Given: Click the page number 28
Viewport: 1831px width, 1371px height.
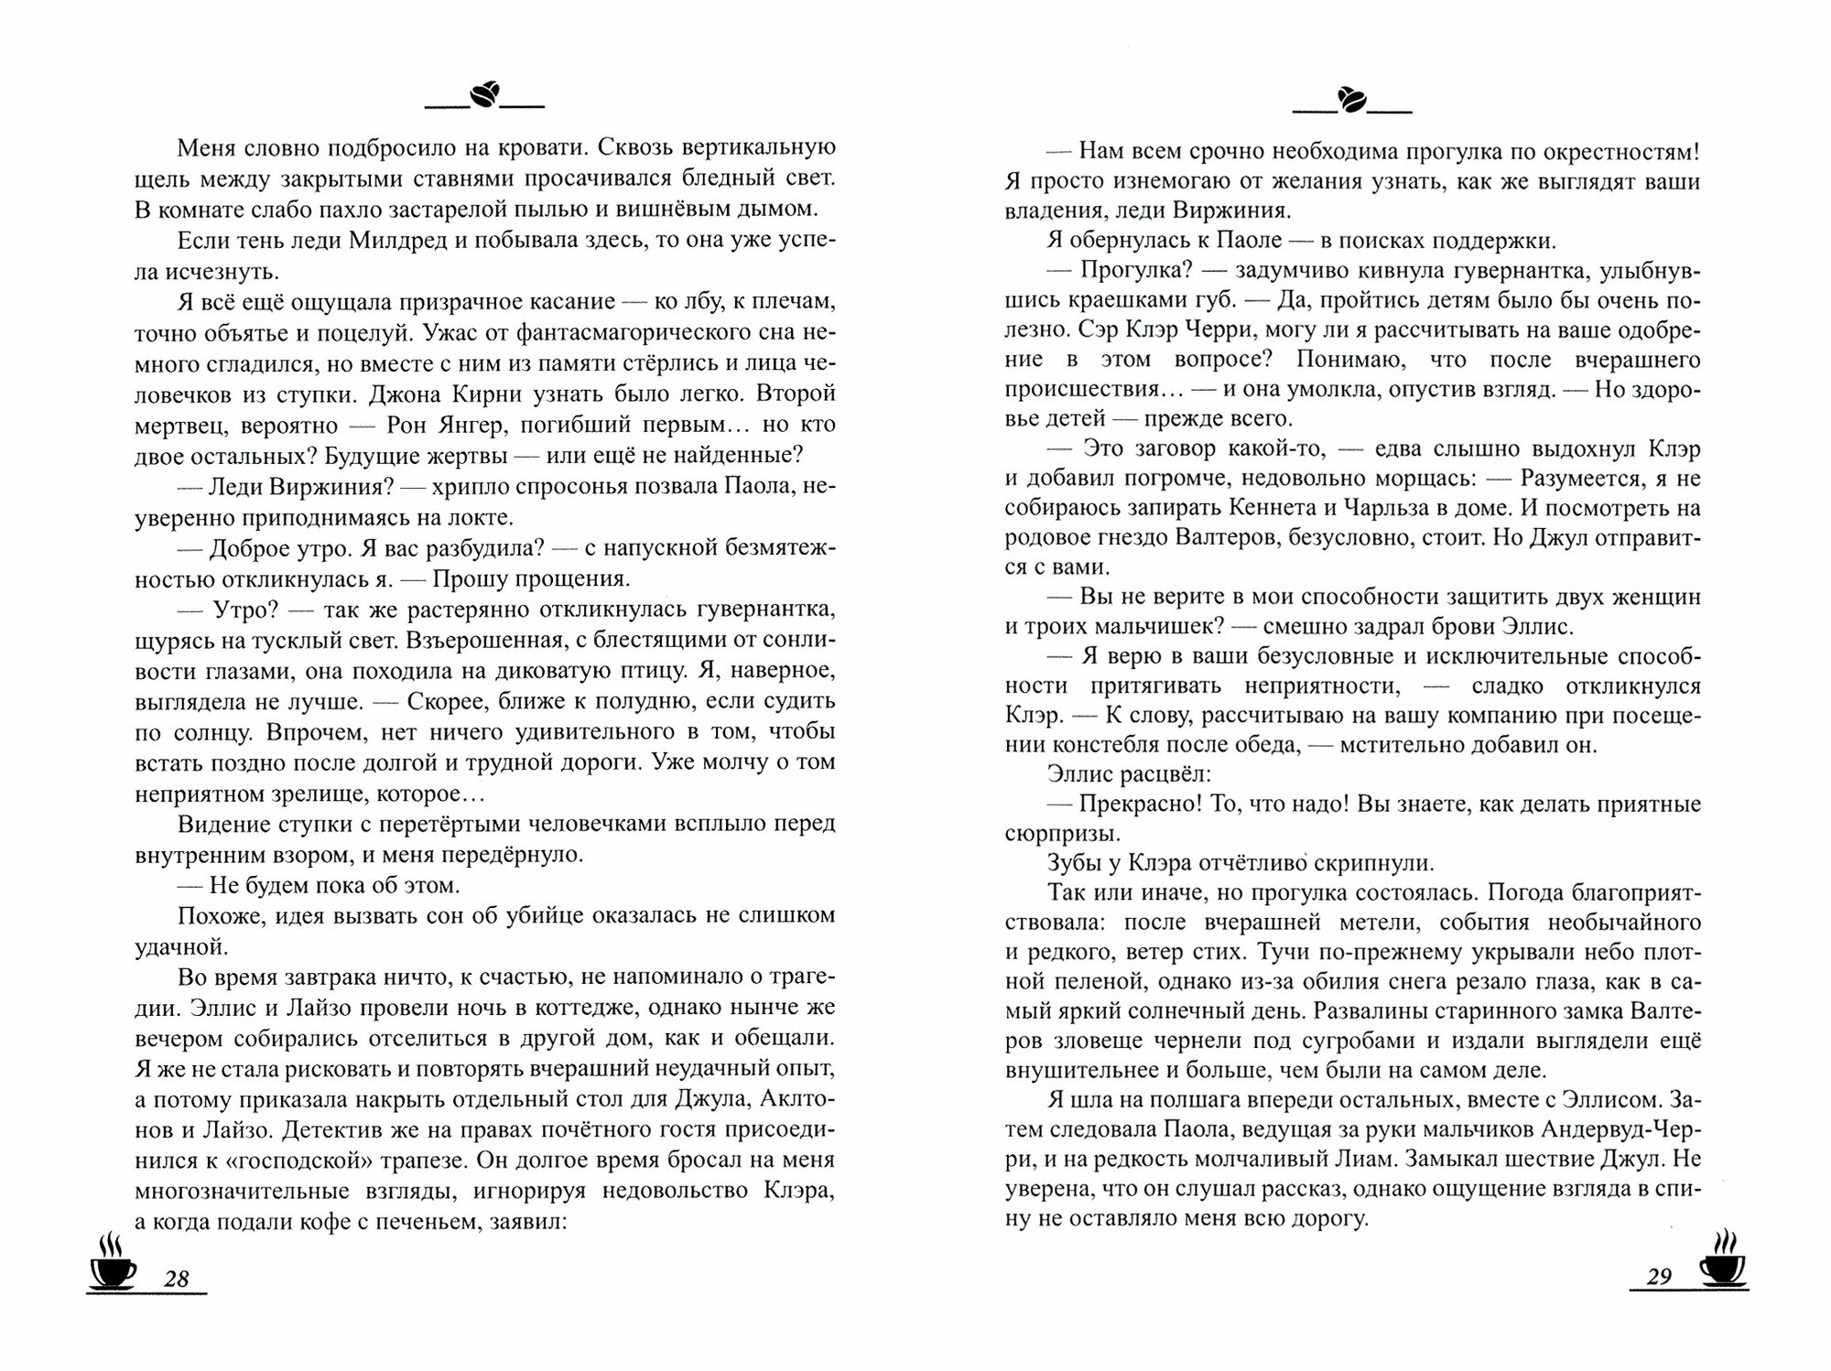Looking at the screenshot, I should coord(176,1278).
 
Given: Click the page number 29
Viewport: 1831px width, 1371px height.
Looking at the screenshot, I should coord(1659,1276).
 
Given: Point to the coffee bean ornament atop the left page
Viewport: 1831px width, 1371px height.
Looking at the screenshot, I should coord(484,94).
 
